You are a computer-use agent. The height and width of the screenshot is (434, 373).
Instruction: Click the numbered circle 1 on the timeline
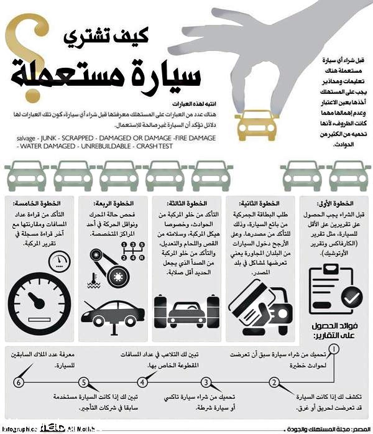[x=335, y=349]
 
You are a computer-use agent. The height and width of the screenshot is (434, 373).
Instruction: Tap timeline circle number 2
[x=274, y=382]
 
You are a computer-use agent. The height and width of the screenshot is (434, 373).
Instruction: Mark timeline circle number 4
[x=144, y=382]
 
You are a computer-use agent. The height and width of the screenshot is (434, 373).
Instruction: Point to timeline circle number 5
[x=81, y=382]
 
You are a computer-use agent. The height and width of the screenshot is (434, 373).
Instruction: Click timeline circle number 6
[x=21, y=382]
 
